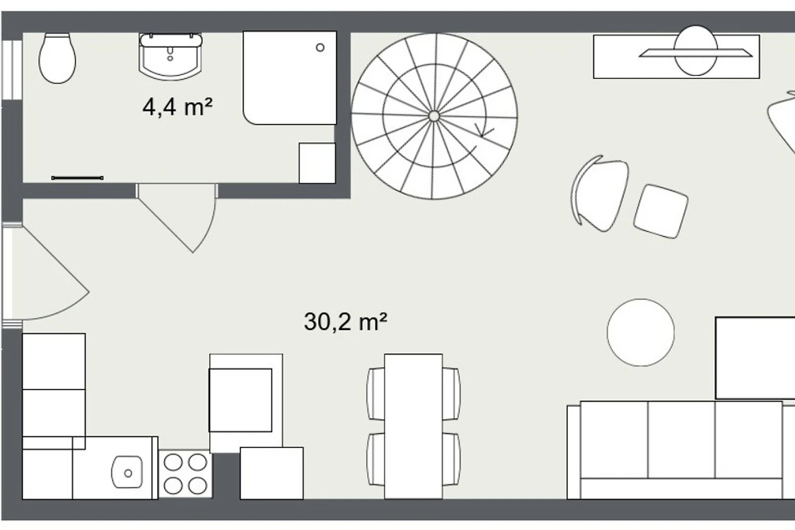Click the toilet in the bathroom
57,58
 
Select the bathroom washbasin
170,57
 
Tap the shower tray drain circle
320,47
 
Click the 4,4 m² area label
178,107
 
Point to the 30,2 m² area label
345,321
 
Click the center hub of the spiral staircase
434,116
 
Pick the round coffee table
641,333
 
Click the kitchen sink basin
127,472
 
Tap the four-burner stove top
185,474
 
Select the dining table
413,426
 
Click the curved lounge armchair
600,193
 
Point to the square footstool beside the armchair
661,211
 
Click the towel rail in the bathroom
78,178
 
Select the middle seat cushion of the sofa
682,440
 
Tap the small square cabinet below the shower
317,163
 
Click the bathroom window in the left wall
12,70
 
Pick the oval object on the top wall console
696,50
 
